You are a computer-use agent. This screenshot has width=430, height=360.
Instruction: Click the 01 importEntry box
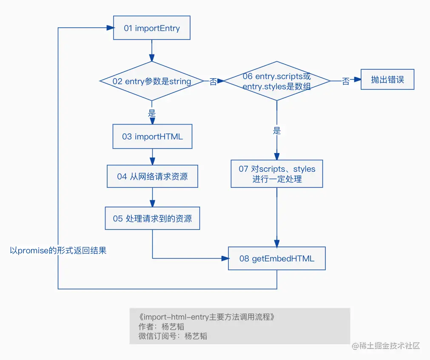click(x=152, y=28)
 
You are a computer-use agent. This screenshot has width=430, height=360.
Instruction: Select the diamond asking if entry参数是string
click(x=152, y=81)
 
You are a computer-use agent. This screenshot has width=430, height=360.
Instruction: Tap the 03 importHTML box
click(x=152, y=136)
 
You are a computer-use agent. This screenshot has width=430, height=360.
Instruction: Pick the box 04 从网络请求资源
click(x=152, y=176)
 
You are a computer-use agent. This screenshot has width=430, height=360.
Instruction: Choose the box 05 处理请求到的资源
click(x=152, y=218)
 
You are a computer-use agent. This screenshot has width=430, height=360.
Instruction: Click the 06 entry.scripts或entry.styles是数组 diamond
click(x=277, y=81)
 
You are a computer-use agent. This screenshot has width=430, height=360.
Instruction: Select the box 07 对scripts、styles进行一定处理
click(x=277, y=174)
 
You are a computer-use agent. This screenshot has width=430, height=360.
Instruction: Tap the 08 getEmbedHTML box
click(x=277, y=258)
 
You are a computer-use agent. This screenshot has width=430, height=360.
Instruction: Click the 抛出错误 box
click(x=387, y=79)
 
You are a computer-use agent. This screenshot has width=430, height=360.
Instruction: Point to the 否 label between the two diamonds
click(x=213, y=82)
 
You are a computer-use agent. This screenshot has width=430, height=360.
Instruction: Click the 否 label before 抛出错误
click(x=346, y=81)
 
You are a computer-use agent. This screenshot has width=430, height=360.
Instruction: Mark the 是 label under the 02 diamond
click(x=152, y=113)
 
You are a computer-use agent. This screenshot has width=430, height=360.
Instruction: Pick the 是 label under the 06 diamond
click(x=277, y=131)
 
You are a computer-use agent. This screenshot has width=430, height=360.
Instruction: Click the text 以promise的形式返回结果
click(x=58, y=251)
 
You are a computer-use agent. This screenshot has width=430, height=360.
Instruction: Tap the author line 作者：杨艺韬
click(x=161, y=326)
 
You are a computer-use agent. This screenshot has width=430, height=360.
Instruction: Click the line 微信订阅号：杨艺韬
click(x=173, y=336)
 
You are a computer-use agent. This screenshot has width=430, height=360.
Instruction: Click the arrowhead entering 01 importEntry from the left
click(x=111, y=28)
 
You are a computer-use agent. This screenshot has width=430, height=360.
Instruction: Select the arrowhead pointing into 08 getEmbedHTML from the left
click(x=225, y=258)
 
